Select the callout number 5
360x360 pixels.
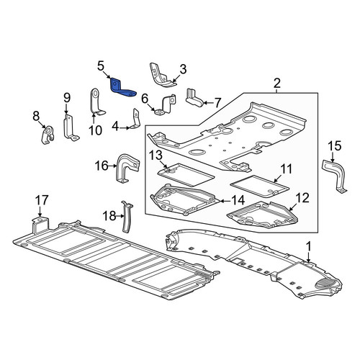(x=101, y=66)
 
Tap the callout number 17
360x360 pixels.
(x=42, y=200)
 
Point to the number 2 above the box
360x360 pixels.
(x=276, y=84)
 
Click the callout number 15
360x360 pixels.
(x=334, y=146)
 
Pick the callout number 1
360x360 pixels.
(x=308, y=246)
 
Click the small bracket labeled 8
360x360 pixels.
(x=48, y=135)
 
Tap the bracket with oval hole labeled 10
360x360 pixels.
(x=96, y=102)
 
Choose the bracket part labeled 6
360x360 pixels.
(x=166, y=105)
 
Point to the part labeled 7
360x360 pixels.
(x=194, y=99)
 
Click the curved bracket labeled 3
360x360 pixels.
(x=160, y=76)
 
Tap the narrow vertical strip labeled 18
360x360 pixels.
(x=126, y=217)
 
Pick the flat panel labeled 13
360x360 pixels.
(x=186, y=175)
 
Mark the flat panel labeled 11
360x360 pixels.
(x=260, y=184)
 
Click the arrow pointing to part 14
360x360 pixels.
(x=225, y=200)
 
